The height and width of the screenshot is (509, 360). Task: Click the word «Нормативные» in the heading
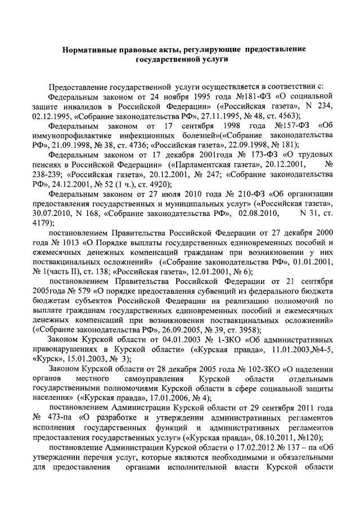[89, 49]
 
